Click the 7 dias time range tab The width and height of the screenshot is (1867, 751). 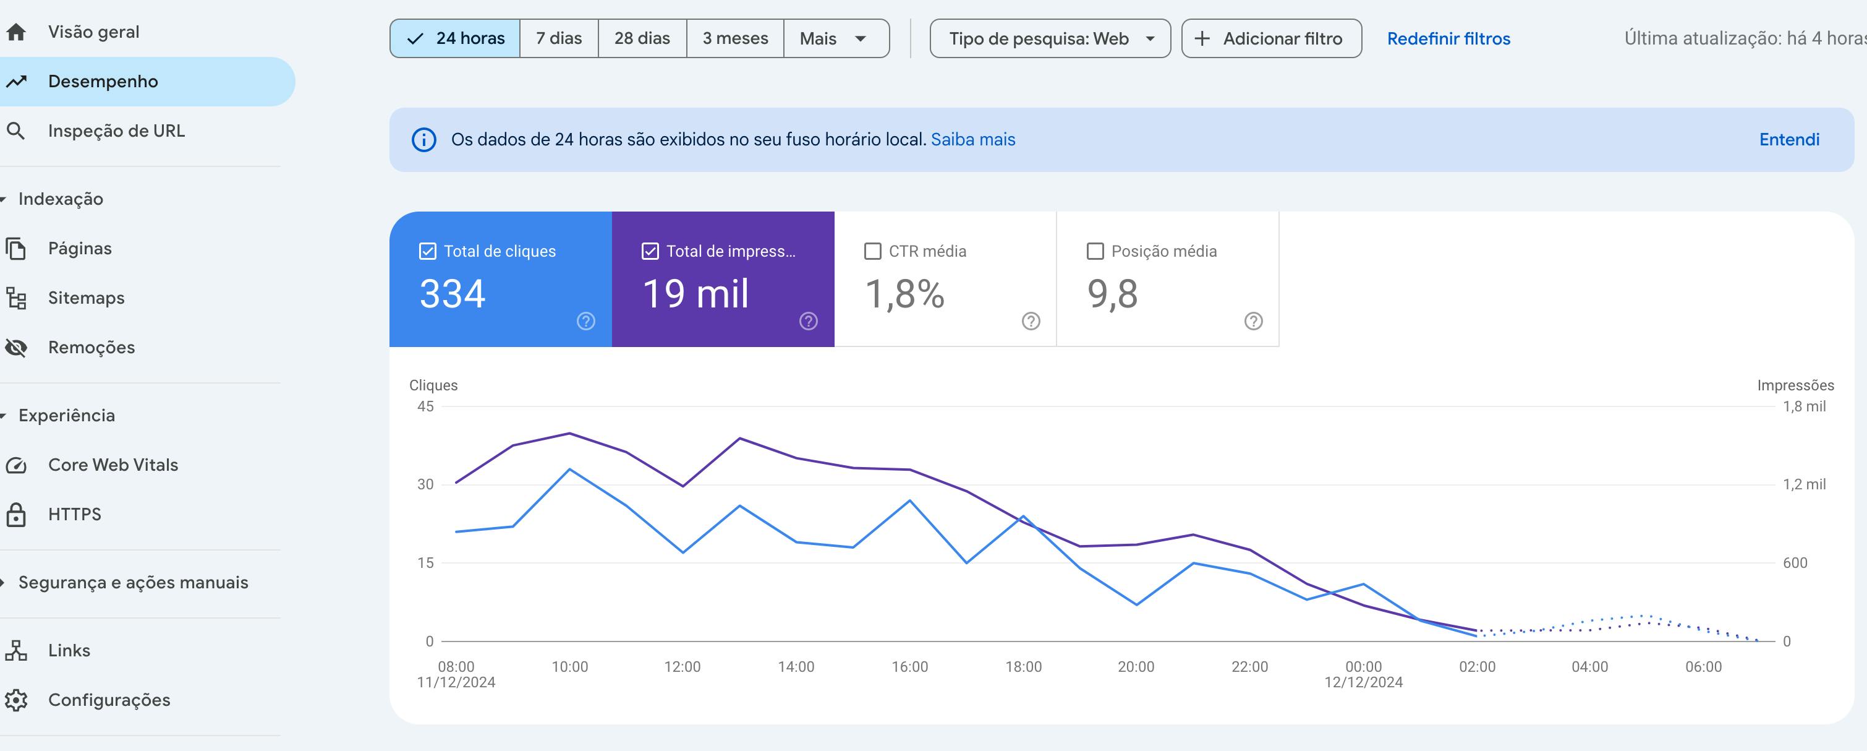[559, 38]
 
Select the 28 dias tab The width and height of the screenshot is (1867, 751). [642, 38]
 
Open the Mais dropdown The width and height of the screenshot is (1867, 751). [835, 38]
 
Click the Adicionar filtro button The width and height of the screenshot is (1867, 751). [1271, 38]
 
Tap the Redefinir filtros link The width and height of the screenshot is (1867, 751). [1448, 38]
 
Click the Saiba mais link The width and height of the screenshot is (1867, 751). [972, 139]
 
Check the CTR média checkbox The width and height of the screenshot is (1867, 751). [874, 251]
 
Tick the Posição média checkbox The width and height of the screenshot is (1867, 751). [1095, 251]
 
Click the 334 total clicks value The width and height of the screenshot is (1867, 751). [453, 294]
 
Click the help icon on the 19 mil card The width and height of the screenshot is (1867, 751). [808, 321]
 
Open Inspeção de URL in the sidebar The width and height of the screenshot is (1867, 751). [116, 131]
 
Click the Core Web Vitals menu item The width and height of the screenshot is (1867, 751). [113, 465]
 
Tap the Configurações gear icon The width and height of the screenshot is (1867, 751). [16, 700]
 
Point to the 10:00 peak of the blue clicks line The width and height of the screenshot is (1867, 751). [569, 469]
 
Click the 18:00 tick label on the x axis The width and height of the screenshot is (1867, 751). [1023, 666]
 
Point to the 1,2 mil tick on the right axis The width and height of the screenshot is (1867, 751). [1803, 484]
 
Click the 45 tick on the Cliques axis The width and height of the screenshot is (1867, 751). [425, 406]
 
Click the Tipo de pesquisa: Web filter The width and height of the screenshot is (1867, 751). [1050, 38]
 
